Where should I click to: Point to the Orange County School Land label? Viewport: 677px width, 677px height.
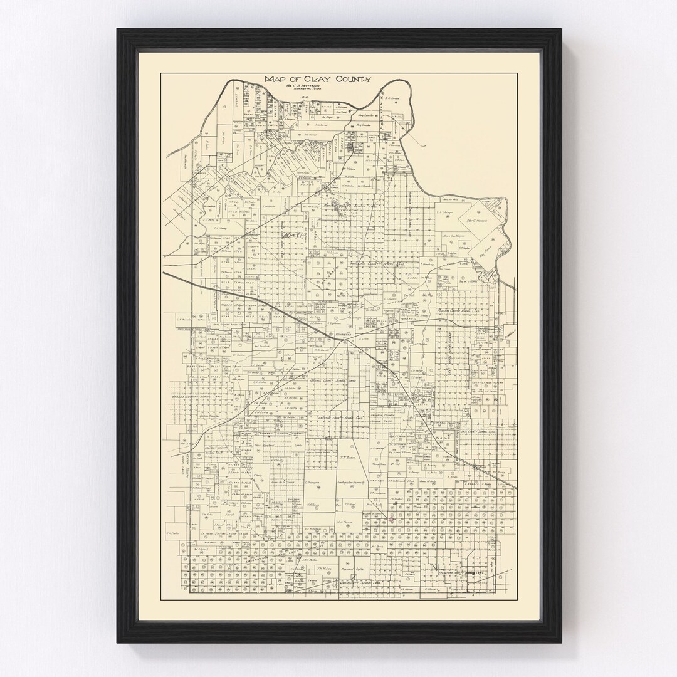click(x=330, y=380)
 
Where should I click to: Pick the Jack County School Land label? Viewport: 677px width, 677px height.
click(x=480, y=432)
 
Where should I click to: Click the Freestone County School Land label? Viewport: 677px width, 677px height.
click(x=461, y=572)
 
